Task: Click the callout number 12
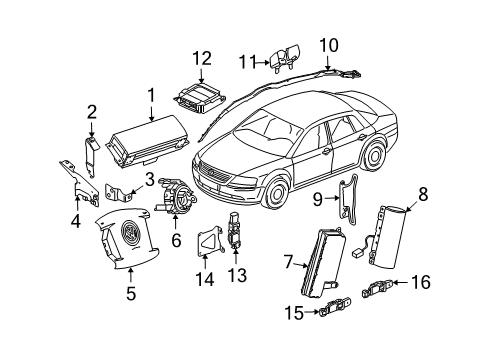click(202, 59)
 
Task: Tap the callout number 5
click(131, 294)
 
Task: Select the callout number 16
click(421, 282)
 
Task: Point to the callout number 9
click(318, 199)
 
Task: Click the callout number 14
click(204, 279)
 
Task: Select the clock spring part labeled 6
click(175, 197)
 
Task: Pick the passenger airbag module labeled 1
click(148, 140)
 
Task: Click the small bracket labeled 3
click(117, 192)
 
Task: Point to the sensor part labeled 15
click(335, 305)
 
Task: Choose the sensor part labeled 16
click(377, 287)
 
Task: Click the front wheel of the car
click(276, 192)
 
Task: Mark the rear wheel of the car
click(375, 155)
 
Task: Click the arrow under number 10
click(328, 63)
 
